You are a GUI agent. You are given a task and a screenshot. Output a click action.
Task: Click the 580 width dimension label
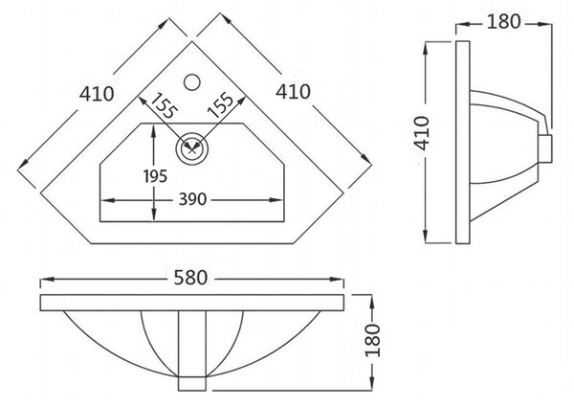(190, 278)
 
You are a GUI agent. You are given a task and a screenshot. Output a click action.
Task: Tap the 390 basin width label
(192, 199)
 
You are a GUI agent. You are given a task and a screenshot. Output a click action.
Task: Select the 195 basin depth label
(155, 176)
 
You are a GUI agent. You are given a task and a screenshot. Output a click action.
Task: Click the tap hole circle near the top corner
(192, 82)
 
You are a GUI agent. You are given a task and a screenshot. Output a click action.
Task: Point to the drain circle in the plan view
(192, 148)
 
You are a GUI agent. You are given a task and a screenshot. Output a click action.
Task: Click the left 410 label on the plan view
(97, 94)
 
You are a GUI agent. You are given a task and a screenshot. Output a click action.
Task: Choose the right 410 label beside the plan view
(293, 92)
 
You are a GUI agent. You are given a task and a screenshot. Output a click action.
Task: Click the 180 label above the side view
(504, 22)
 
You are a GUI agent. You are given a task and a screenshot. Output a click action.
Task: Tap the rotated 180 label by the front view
(373, 340)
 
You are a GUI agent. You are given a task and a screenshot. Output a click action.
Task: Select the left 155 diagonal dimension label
(164, 105)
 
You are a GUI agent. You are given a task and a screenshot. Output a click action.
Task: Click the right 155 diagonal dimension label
(220, 104)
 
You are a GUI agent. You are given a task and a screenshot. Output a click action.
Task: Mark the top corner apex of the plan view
(192, 42)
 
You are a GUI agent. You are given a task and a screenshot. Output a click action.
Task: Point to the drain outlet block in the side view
(545, 148)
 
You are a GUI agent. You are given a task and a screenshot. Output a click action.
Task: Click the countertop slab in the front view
(192, 303)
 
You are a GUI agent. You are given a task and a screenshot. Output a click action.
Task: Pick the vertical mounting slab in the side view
(463, 142)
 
